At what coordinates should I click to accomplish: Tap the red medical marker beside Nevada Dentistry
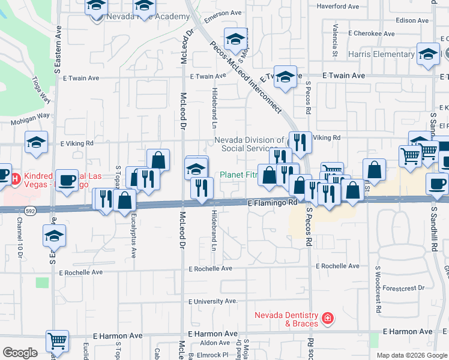coord(328,318)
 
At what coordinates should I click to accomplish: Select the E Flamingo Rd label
coord(273,203)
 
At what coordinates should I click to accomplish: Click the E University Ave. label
coord(213,301)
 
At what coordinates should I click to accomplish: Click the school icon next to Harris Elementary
coord(428,54)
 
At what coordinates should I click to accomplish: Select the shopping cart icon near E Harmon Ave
coord(57,341)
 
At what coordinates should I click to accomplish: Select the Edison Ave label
coord(412,20)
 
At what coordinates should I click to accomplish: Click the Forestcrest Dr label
coord(403,288)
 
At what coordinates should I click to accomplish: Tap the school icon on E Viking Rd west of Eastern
coord(37,142)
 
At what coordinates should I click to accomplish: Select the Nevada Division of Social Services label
coord(247,144)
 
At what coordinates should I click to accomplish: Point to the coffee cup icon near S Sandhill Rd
coord(437,183)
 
